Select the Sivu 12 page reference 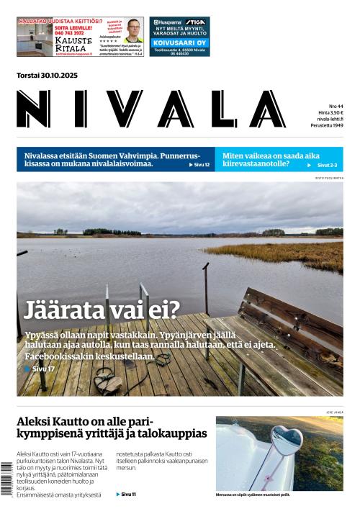pos(201,165)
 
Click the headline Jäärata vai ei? pos(102,310)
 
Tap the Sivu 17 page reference pos(41,369)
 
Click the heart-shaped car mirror pos(285,437)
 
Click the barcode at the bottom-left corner pos(6,487)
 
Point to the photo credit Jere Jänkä pos(334,412)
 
